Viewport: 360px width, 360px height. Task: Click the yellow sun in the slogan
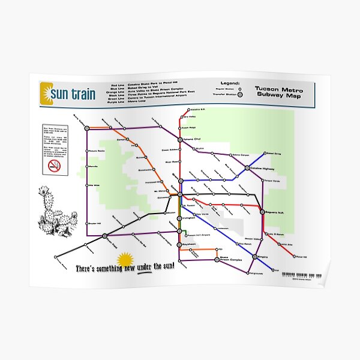click(x=125, y=260)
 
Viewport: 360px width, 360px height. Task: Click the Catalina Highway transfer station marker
click(x=247, y=169)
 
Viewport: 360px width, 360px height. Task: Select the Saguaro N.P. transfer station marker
click(x=261, y=212)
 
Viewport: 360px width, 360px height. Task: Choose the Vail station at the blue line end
click(x=274, y=271)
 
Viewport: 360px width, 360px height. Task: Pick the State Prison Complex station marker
click(x=217, y=260)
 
